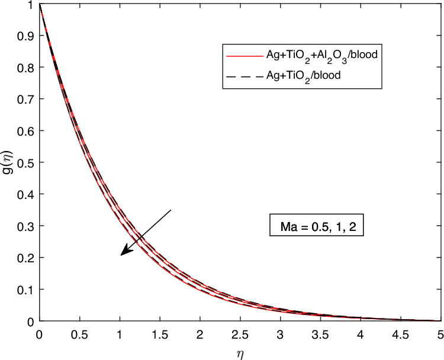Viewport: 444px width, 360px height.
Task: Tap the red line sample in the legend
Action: coord(244,55)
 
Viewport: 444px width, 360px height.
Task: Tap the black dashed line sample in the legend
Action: coord(244,75)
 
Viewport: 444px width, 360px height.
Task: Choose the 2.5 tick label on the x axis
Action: coord(240,333)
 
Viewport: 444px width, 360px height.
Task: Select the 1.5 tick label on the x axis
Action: coord(160,333)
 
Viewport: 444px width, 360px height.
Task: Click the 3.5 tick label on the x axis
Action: coord(321,333)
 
